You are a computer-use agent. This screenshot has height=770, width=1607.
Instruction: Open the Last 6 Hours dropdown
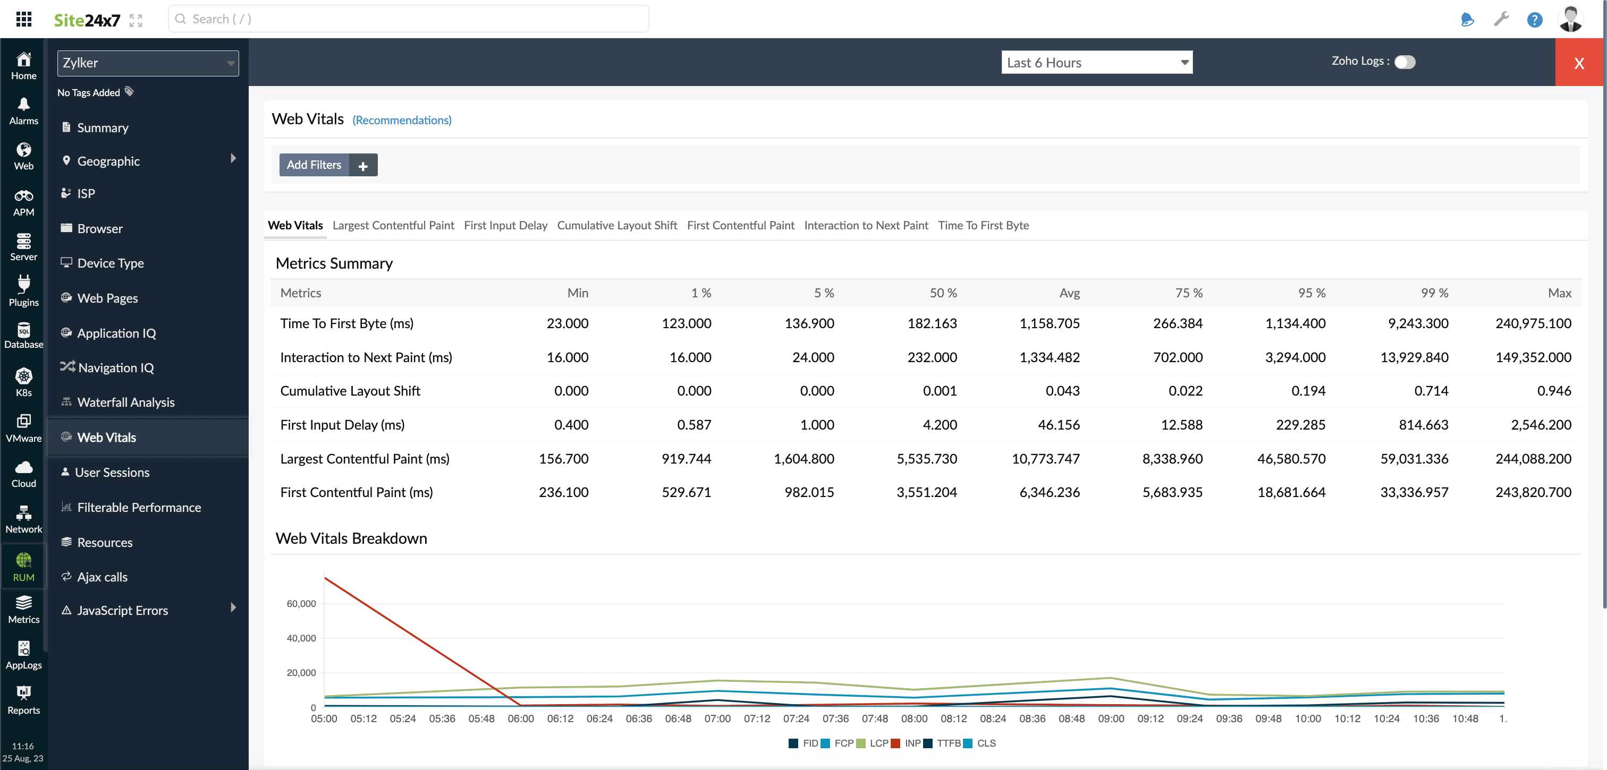(1096, 62)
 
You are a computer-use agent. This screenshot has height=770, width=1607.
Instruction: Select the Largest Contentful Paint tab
(393, 225)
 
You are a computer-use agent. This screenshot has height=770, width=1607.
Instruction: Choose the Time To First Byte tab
(983, 225)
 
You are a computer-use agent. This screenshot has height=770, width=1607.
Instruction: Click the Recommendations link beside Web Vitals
(402, 119)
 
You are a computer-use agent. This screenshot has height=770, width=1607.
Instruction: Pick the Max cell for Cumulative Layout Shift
(1553, 391)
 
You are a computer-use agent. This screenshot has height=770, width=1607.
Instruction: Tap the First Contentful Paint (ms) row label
(356, 492)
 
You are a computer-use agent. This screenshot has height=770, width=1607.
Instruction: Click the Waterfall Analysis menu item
(125, 402)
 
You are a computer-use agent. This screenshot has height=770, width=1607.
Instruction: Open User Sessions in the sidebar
(112, 472)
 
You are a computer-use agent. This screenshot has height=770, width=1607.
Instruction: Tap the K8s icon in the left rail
(24, 376)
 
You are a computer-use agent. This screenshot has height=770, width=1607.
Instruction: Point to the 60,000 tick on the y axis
(301, 604)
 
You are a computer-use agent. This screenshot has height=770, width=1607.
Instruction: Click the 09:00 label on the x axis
(1111, 718)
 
